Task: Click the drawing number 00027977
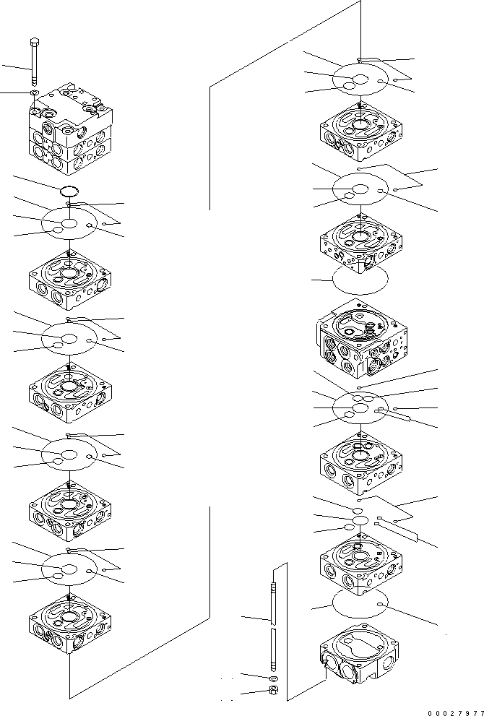(x=452, y=710)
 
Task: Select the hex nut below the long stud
(x=274, y=691)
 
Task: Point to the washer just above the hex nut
(x=274, y=678)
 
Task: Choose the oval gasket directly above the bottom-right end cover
(x=360, y=602)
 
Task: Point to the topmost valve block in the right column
(x=360, y=132)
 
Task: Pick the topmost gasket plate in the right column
(x=360, y=78)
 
